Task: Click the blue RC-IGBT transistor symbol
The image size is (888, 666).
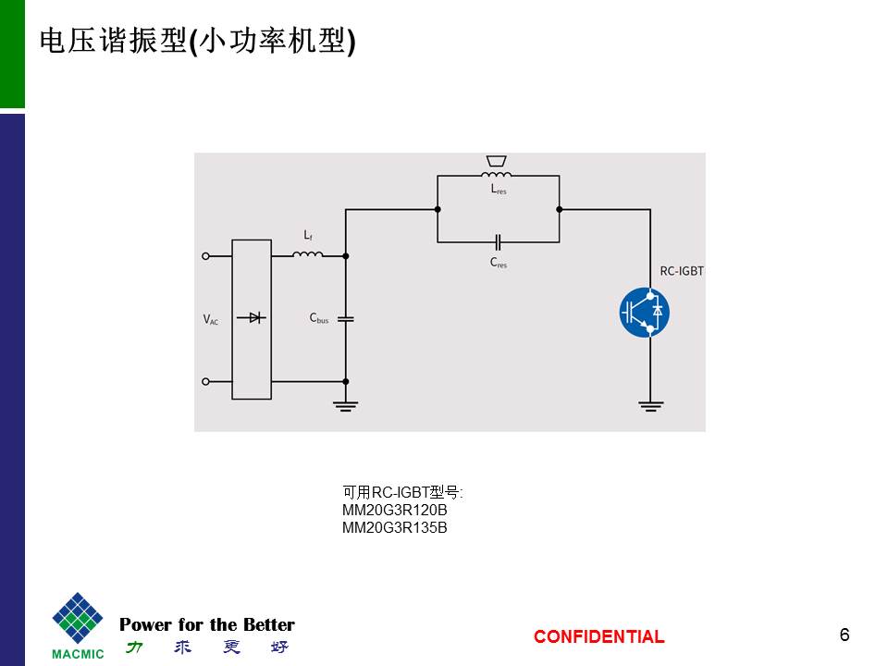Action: pos(644,312)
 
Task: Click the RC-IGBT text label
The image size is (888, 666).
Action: pos(682,271)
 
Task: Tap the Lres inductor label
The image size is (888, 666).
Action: pos(499,190)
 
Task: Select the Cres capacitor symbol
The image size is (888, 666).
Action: pos(498,241)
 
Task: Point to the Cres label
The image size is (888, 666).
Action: pos(499,263)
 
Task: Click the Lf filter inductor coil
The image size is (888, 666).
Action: pos(308,254)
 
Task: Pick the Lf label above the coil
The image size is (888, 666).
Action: pos(307,237)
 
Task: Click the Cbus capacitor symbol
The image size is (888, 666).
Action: pos(345,318)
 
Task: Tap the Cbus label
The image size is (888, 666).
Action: pos(319,319)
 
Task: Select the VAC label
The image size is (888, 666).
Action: pos(211,319)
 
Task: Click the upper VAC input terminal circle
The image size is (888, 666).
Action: pos(205,255)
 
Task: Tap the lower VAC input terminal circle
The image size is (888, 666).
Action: pos(205,381)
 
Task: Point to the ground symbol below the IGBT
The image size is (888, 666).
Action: pos(650,404)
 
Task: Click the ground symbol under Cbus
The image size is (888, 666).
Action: pos(345,404)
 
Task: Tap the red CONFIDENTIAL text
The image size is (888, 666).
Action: pos(598,636)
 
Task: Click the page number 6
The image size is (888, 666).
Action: pos(845,635)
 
